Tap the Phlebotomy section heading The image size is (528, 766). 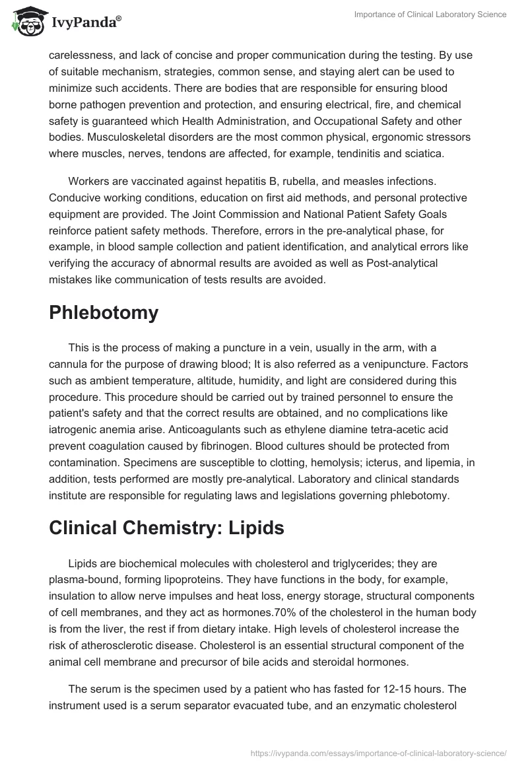[x=104, y=312]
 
